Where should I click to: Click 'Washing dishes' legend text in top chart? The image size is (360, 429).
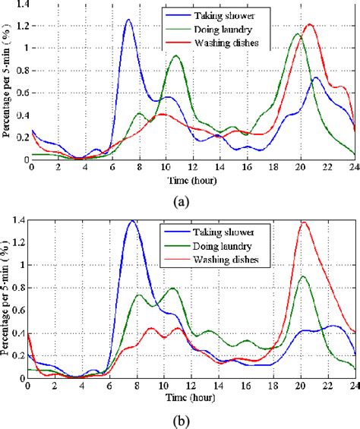click(x=234, y=42)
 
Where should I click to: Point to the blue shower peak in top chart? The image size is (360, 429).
click(x=128, y=21)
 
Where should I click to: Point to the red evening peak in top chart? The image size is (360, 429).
click(x=309, y=24)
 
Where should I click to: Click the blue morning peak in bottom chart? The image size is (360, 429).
click(x=133, y=221)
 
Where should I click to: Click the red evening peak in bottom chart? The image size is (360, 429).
click(x=305, y=222)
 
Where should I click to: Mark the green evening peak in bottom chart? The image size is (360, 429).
click(x=304, y=276)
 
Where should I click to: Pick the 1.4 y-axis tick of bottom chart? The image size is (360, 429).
click(x=18, y=219)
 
